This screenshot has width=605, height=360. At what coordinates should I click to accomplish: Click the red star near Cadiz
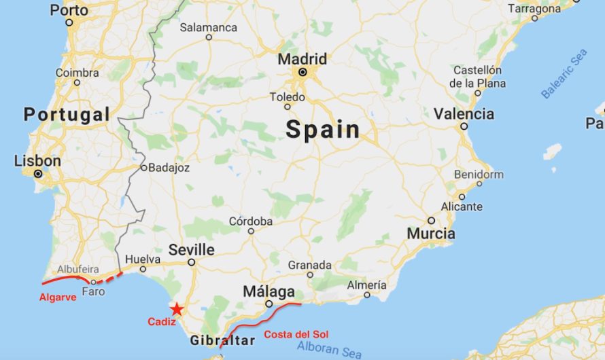pyautogui.click(x=177, y=308)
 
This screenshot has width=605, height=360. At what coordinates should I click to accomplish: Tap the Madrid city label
pyautogui.click(x=302, y=59)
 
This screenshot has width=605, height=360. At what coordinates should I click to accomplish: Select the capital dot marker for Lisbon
pyautogui.click(x=39, y=174)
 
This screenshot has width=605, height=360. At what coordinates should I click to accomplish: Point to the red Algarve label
pyautogui.click(x=58, y=297)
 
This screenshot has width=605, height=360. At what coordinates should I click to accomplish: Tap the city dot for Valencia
pyautogui.click(x=464, y=126)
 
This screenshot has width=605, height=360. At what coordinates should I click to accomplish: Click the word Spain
pyautogui.click(x=322, y=129)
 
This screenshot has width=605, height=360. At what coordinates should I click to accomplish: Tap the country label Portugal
pyautogui.click(x=67, y=115)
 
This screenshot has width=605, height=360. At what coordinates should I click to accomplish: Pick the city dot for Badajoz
pyautogui.click(x=144, y=167)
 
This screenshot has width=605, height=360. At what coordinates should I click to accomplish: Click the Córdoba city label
pyautogui.click(x=250, y=221)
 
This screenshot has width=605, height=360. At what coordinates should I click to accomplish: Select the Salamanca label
pyautogui.click(x=209, y=28)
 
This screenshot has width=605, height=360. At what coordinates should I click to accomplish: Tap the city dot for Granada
pyautogui.click(x=310, y=275)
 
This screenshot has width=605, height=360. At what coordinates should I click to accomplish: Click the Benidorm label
pyautogui.click(x=480, y=175)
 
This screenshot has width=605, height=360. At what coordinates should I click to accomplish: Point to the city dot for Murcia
pyautogui.click(x=431, y=221)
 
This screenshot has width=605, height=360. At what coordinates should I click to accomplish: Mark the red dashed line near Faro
pyautogui.click(x=108, y=278)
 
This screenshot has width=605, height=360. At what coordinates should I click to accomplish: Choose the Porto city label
pyautogui.click(x=69, y=10)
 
